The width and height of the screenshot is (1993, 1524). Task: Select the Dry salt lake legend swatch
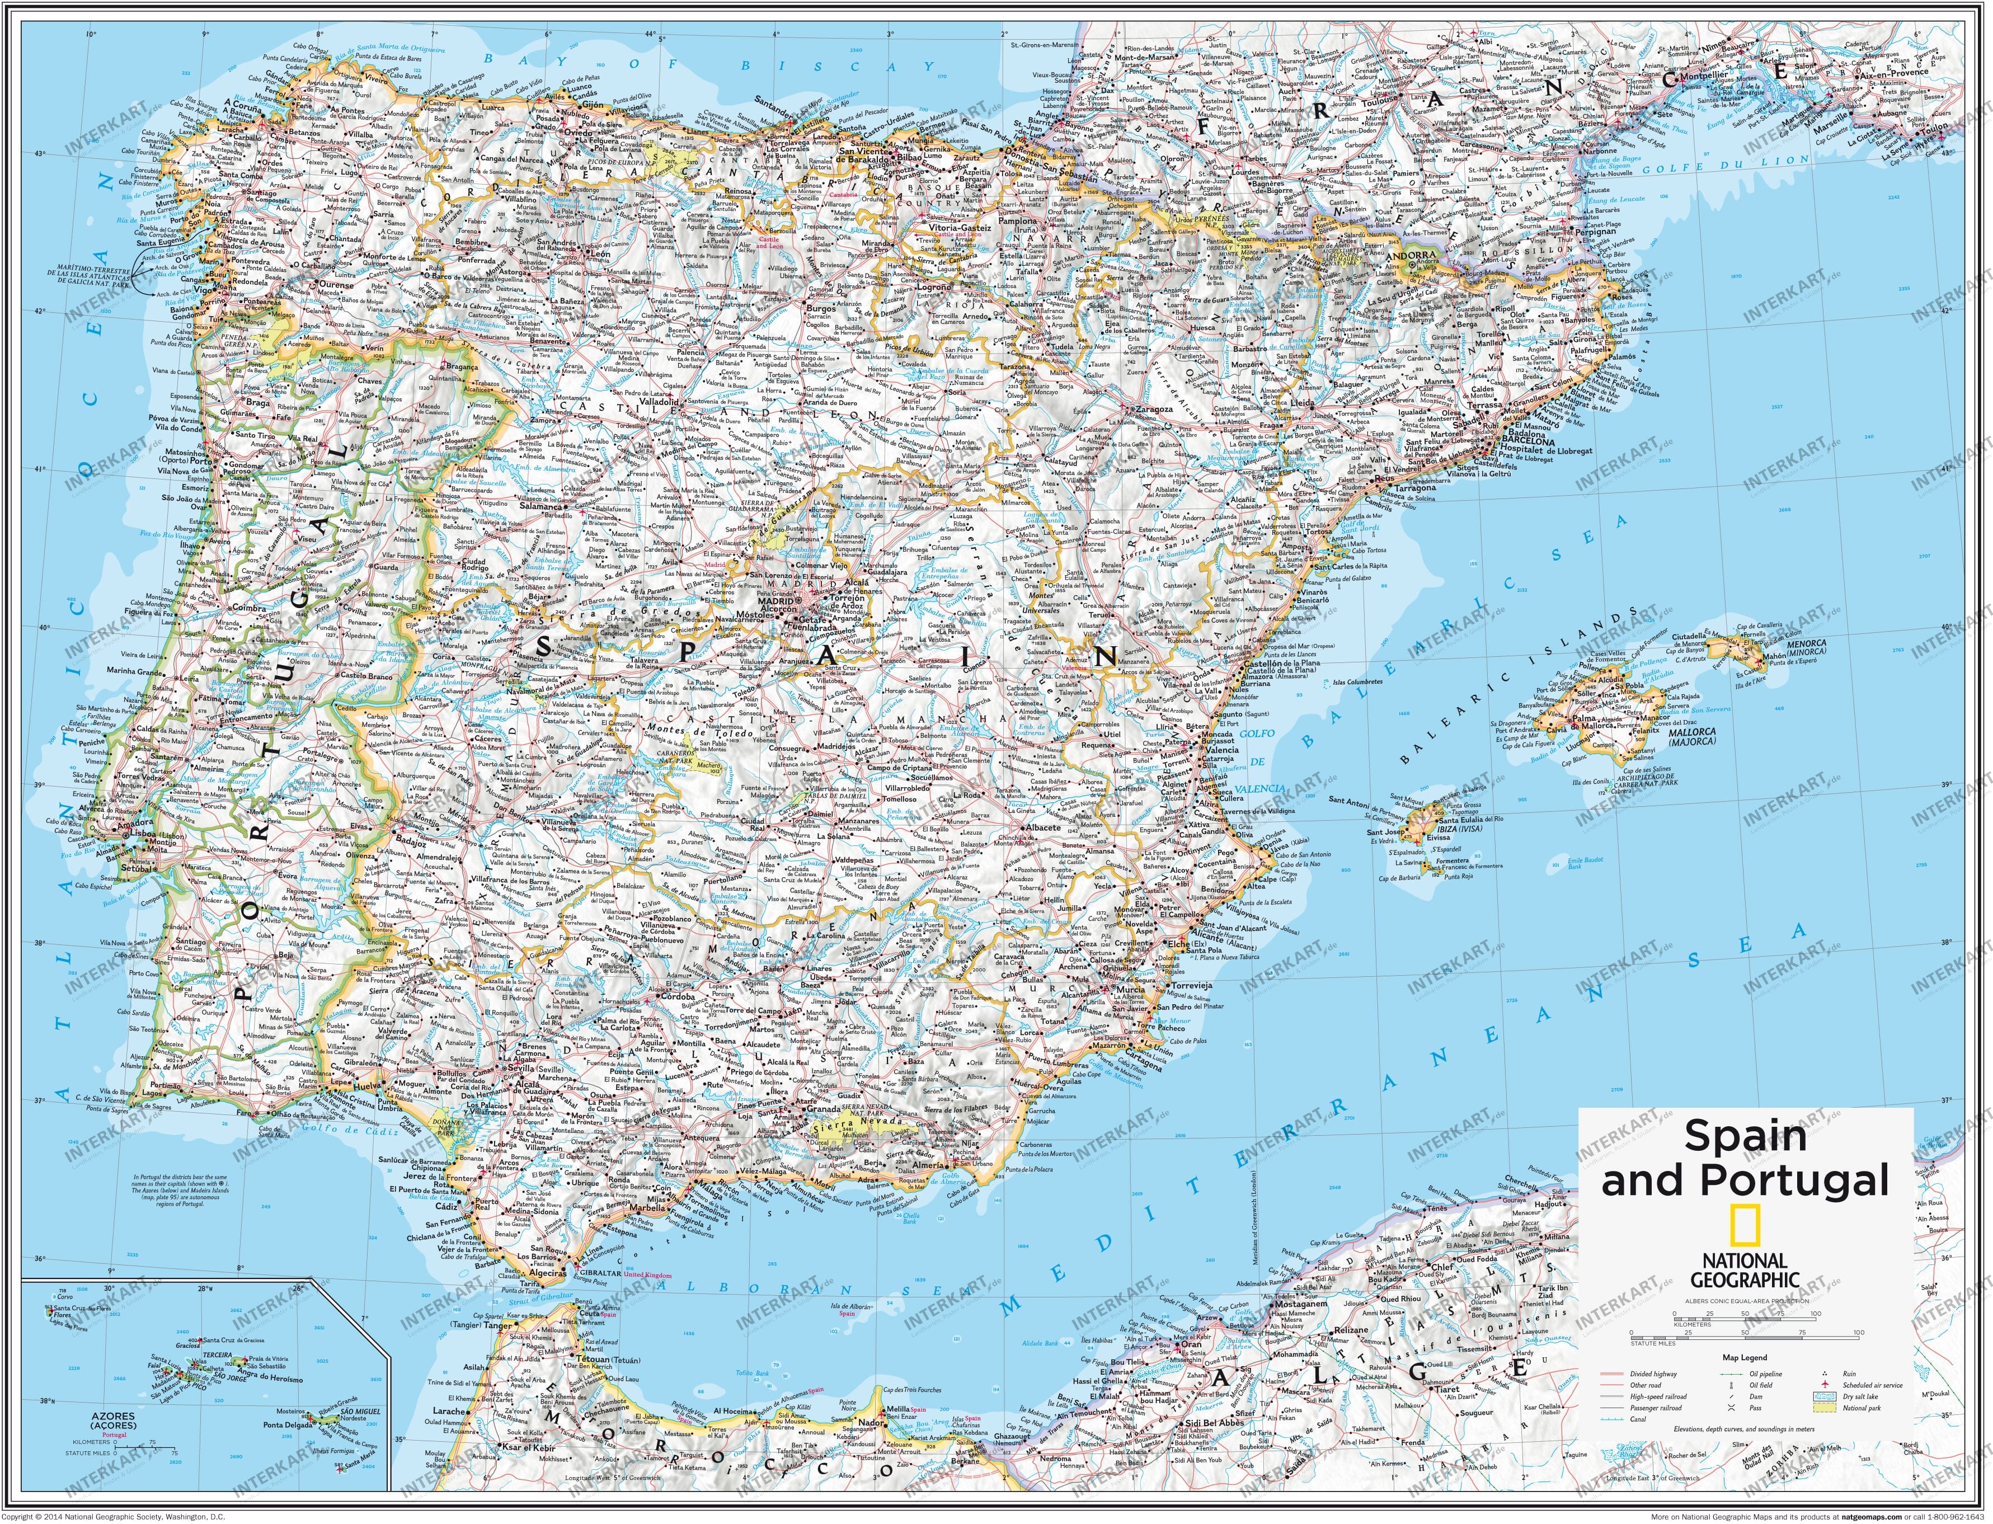pyautogui.click(x=1825, y=1397)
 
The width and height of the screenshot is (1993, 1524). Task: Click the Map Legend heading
pyautogui.click(x=1745, y=1358)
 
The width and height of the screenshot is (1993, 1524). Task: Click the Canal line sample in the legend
pyautogui.click(x=1612, y=1420)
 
